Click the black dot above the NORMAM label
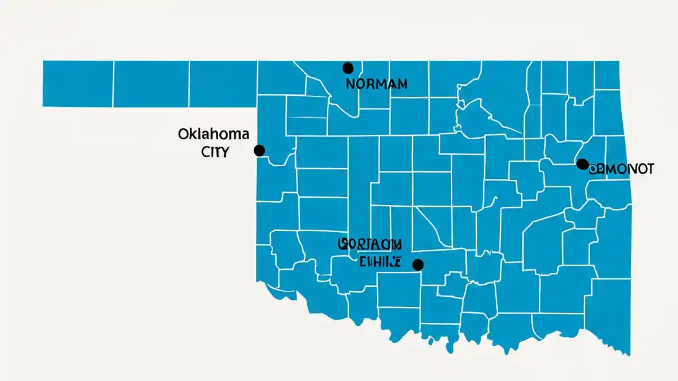[x=348, y=68]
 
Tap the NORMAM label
[x=376, y=84]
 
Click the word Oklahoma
[x=213, y=134]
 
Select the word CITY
[x=215, y=152]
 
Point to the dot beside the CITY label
[x=259, y=151]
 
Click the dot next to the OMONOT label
[x=582, y=164]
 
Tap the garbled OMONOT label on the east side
[x=622, y=169]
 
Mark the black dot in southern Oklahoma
[x=418, y=265]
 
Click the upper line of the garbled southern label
[x=370, y=244]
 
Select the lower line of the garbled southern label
[x=380, y=261]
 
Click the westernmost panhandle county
[x=77, y=84]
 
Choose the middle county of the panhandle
[x=151, y=84]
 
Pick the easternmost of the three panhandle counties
[x=223, y=84]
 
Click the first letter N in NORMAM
[x=350, y=84]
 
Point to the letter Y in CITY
[x=225, y=152]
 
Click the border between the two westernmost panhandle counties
[x=113, y=84]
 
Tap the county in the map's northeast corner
[x=607, y=75]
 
